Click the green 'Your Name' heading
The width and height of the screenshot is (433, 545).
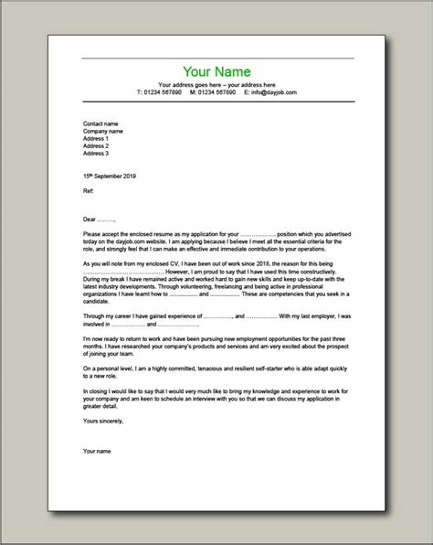[x=216, y=71]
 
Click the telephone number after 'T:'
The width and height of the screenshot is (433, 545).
[x=165, y=92]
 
